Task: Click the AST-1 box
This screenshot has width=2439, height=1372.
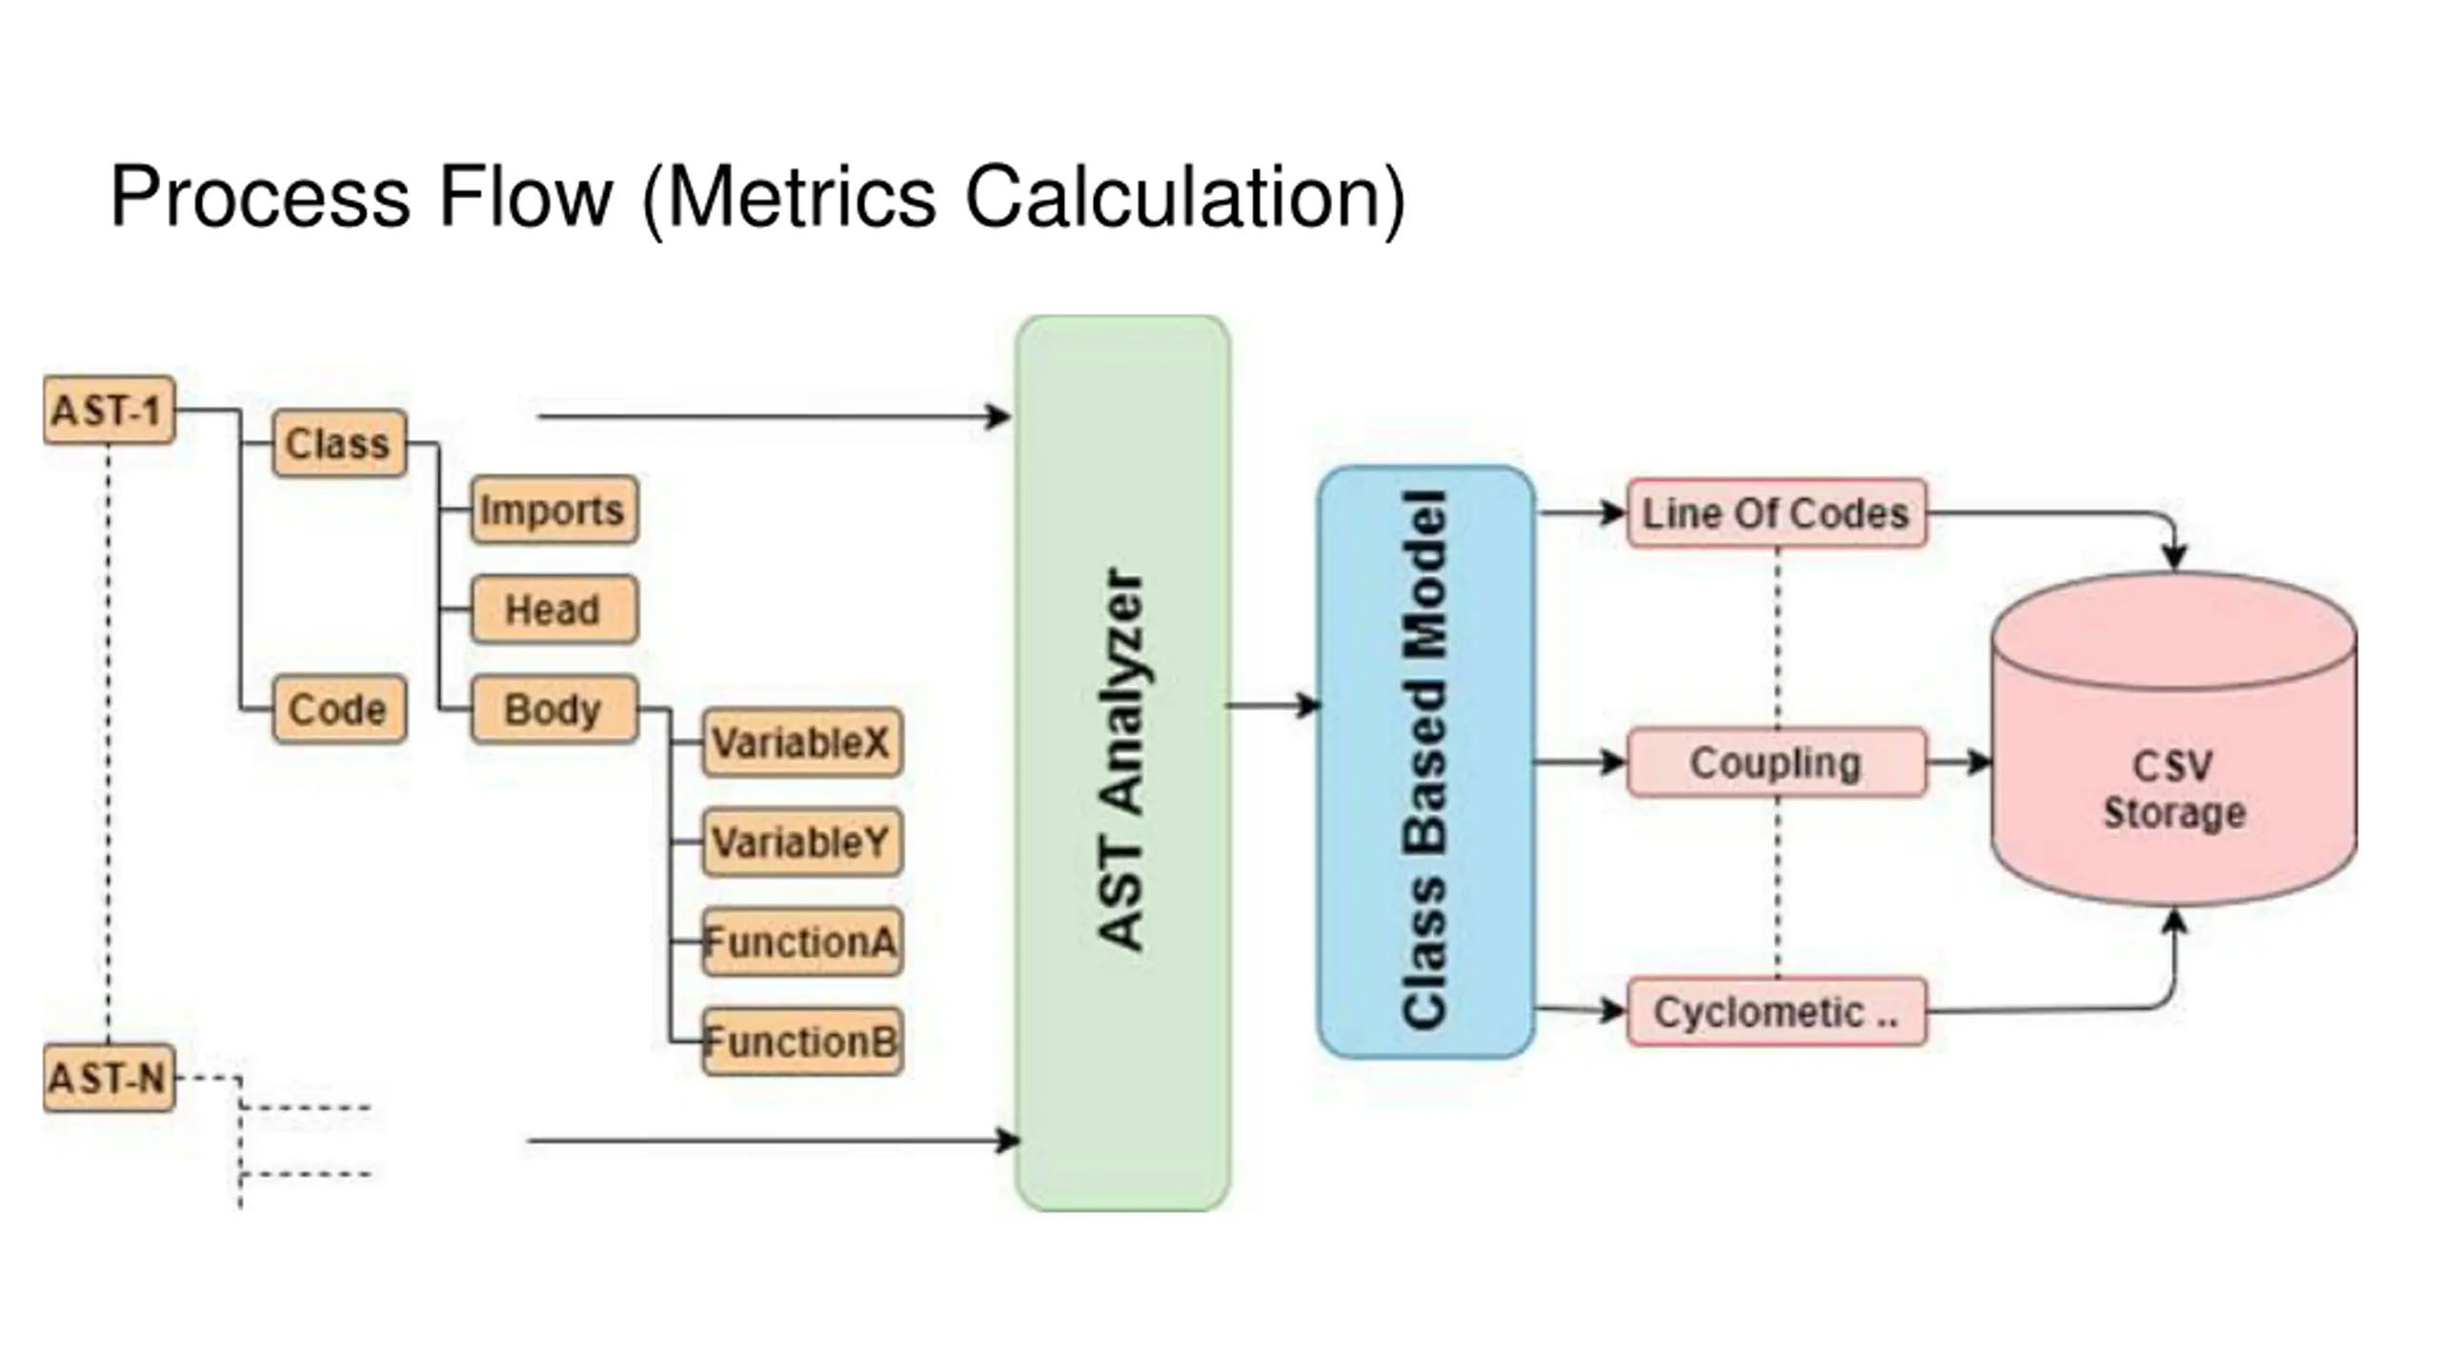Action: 110,411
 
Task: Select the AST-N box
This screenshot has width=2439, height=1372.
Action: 110,1079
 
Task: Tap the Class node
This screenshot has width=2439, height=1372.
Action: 339,443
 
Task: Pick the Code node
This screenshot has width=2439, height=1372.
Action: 339,709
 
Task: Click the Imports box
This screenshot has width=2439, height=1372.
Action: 554,510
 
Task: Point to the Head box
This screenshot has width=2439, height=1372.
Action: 554,609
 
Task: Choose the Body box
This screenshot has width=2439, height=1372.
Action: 554,709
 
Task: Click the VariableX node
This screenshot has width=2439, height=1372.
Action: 801,742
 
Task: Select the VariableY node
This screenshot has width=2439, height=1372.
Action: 801,842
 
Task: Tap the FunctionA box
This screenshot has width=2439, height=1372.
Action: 801,941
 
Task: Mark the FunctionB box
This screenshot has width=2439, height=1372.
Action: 801,1041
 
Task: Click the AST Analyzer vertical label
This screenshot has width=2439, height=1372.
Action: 1121,759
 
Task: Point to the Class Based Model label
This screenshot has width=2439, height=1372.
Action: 1425,759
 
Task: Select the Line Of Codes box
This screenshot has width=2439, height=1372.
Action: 1777,514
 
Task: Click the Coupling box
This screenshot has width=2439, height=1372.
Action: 1777,762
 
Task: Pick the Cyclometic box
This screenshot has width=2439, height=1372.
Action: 1777,1012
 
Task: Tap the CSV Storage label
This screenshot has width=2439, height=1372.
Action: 2174,790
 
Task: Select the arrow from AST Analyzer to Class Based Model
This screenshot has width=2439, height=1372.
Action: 1274,706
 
